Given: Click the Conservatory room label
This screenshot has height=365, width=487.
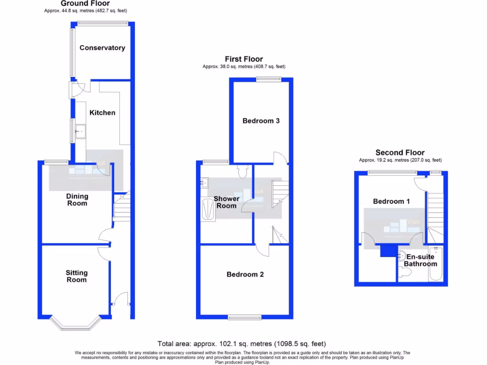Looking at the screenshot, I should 102,48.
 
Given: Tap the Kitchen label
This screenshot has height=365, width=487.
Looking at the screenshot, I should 103,113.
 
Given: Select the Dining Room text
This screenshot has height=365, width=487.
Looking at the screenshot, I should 77,200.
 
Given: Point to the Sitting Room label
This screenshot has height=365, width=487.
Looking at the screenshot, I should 77,276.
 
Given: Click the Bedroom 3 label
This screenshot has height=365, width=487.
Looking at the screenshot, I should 261,121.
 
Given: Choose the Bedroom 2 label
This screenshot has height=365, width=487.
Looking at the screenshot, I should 245,274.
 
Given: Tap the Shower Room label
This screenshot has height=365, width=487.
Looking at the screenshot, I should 226,202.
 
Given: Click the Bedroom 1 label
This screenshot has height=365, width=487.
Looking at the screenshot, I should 391,202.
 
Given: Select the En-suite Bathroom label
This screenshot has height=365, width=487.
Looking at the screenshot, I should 420,260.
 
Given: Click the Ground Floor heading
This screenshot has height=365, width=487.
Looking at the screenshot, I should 85,3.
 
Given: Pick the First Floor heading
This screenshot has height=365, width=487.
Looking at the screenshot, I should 243,59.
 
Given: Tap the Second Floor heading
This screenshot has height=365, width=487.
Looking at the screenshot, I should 400,153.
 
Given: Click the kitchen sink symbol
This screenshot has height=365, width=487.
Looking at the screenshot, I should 79,130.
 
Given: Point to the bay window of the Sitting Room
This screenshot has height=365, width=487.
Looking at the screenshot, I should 76,324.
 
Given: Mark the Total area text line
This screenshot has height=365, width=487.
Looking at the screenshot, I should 242,344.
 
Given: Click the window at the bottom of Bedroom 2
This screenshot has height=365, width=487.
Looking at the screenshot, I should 244,317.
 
